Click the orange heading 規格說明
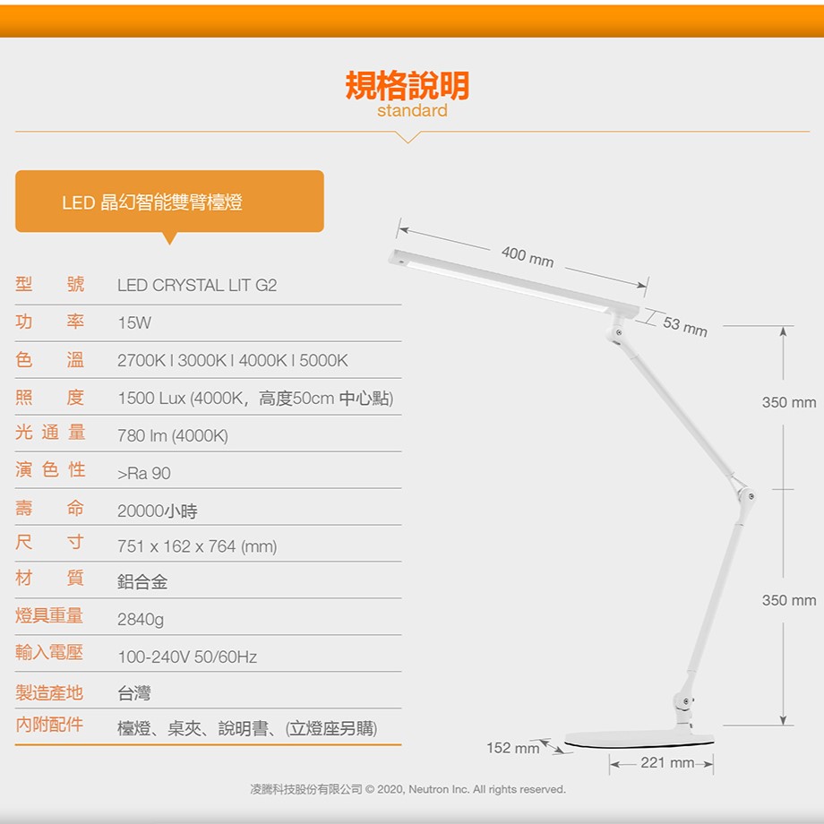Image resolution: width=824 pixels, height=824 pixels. pyautogui.click(x=408, y=86)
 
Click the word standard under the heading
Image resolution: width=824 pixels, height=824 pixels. pyautogui.click(x=412, y=110)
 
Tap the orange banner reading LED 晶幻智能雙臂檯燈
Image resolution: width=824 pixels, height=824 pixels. pyautogui.click(x=169, y=202)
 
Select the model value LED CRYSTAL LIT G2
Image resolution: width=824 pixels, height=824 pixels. pyautogui.click(x=197, y=286)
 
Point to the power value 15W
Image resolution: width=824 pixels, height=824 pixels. pyautogui.click(x=134, y=322)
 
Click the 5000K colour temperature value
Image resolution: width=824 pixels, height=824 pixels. pyautogui.click(x=323, y=360)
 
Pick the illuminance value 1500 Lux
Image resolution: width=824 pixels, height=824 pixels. pyautogui.click(x=152, y=399)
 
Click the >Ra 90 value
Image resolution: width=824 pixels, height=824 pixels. pyautogui.click(x=144, y=474)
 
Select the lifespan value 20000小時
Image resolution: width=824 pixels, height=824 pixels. pyautogui.click(x=158, y=511)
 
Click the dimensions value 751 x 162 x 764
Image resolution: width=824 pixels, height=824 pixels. pyautogui.click(x=176, y=546)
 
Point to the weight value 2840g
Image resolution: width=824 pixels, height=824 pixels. pyautogui.click(x=141, y=620)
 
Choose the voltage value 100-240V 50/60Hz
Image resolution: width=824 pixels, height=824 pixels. pyautogui.click(x=187, y=657)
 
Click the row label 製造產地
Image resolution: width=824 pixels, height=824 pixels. pyautogui.click(x=49, y=692)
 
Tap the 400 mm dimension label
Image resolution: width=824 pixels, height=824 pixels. pyautogui.click(x=528, y=257)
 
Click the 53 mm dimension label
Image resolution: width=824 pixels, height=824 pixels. pyautogui.click(x=685, y=326)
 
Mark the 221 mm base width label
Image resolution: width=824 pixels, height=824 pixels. pyautogui.click(x=667, y=762)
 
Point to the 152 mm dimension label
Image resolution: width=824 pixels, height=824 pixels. pyautogui.click(x=513, y=748)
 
